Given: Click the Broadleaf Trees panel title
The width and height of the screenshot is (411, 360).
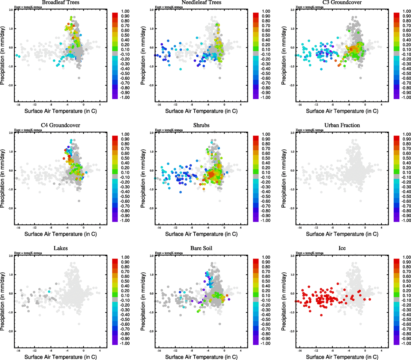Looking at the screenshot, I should (61, 2).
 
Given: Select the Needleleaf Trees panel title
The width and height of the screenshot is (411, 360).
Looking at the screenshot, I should (201, 2).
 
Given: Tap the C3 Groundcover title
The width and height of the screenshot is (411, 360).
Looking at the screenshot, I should (342, 2).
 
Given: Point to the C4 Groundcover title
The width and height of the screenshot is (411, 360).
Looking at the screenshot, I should (61, 125).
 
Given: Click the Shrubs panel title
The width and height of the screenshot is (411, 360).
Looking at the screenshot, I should (201, 125).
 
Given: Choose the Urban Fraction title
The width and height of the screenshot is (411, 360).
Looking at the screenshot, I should (342, 125).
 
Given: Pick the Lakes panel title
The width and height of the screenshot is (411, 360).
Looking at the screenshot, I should (61, 248).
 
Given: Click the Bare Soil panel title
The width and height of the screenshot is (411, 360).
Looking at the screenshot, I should (201, 248).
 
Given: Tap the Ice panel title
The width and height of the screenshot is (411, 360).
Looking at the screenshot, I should (342, 248).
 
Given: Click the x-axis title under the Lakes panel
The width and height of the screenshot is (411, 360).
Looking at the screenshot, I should (61, 357).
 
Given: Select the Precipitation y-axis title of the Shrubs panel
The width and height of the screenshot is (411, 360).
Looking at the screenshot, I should (143, 179).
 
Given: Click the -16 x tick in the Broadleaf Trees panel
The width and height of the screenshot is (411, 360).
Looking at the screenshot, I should (18, 105).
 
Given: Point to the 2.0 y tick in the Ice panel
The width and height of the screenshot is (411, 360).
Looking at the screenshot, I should (292, 256).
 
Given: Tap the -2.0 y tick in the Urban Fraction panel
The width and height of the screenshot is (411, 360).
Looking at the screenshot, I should (292, 208).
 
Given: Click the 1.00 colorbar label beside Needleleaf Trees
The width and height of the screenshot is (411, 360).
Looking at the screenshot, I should (266, 11).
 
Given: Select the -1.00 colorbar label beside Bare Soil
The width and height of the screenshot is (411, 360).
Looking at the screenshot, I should (266, 343).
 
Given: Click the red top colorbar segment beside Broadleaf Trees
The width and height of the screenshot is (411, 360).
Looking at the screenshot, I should (115, 15).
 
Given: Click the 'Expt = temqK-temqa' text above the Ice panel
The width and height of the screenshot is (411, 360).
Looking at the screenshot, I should (310, 253).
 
